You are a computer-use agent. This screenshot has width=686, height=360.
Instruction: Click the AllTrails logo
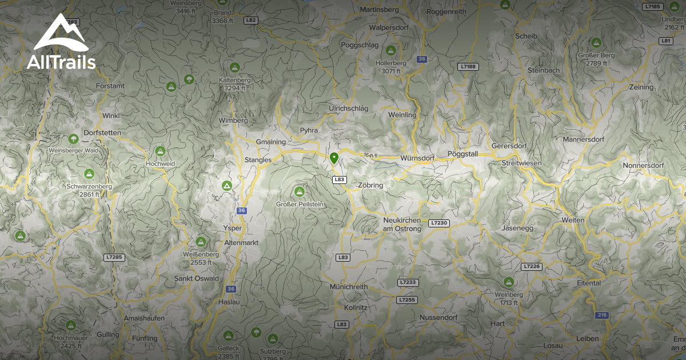coord(61,42)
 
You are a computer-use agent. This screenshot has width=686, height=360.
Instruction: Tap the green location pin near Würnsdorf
coord(334,158)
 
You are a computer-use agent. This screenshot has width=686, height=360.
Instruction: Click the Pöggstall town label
coord(465,155)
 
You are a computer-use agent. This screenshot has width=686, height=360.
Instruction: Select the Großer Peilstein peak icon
coord(299,191)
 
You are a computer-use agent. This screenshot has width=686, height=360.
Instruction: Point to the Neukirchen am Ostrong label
coord(402,225)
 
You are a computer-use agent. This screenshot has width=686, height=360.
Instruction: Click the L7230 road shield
coord(440,223)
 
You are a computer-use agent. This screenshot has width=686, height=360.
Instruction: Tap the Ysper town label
coord(234,228)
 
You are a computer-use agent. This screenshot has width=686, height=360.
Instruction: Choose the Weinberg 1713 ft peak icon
coord(508,282)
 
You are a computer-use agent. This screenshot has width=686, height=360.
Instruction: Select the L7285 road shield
coord(114,257)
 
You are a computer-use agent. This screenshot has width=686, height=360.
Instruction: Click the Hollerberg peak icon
coord(391,50)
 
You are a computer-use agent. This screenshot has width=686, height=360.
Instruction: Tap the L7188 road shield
coord(468,67)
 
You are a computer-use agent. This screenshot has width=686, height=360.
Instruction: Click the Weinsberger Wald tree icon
coord(73,139)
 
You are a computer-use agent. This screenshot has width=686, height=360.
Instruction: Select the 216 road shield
coord(602,315)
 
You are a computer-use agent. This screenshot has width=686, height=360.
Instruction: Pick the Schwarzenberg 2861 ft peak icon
coord(89,174)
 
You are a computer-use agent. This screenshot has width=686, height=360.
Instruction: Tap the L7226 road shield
coord(531,266)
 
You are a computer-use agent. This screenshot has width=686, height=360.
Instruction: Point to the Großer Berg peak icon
coord(596,42)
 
